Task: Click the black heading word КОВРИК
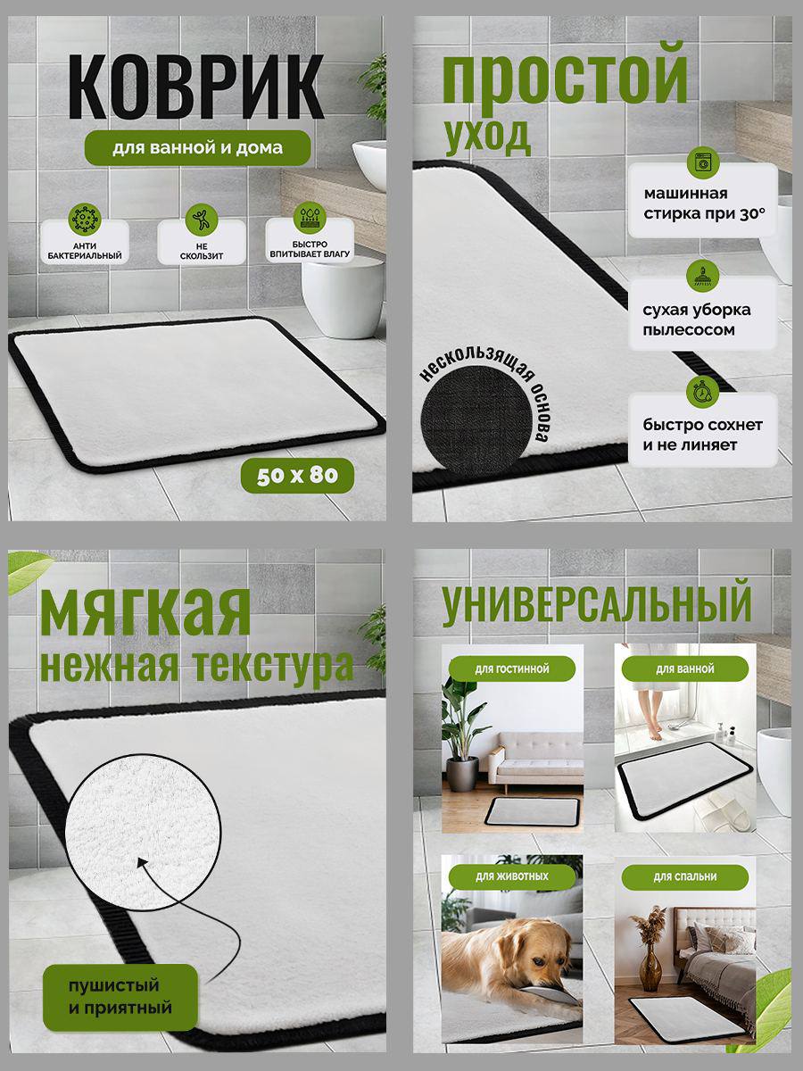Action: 196,87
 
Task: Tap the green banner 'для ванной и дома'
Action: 197,147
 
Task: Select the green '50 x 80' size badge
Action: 297,475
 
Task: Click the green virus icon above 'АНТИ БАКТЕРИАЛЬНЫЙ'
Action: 85,219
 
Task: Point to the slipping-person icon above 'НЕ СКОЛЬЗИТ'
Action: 202,219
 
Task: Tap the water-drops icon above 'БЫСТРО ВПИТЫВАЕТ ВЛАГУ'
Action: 310,218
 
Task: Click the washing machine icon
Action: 702,163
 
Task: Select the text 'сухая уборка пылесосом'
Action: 696,320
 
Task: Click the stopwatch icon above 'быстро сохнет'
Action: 702,391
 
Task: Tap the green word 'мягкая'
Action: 145,612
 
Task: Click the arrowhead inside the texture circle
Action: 143,862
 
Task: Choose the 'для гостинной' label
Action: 512,668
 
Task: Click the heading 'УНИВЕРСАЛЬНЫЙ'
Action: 597,602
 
